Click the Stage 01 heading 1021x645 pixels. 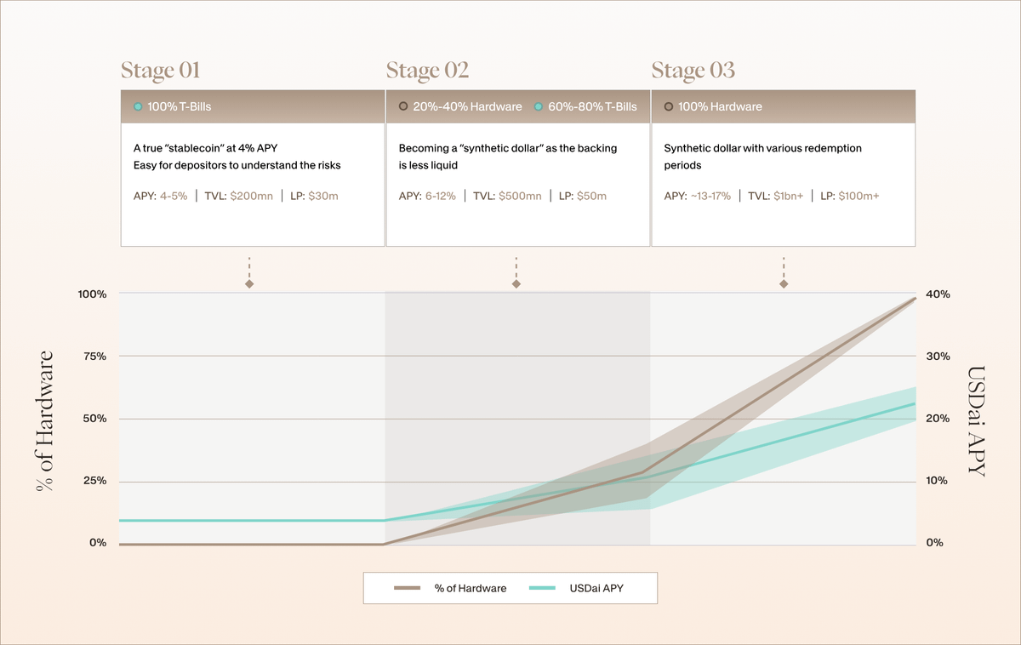pos(160,71)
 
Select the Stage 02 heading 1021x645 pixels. pos(427,71)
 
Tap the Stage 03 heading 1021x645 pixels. pos(693,71)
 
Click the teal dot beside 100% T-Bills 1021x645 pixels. pos(138,107)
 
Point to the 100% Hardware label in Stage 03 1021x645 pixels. pos(720,107)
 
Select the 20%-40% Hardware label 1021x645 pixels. pos(467,107)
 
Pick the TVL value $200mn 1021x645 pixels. pos(251,197)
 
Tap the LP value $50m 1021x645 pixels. pos(591,197)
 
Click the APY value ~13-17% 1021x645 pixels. pos(710,197)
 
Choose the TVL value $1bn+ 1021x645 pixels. pos(781,197)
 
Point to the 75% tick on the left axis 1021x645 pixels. pos(94,357)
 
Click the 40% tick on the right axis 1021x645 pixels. pos(938,294)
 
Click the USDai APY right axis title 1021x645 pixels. pos(977,421)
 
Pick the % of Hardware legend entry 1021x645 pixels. pos(450,588)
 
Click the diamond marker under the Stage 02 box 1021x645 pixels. pos(516,283)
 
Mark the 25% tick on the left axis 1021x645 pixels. pos(94,481)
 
